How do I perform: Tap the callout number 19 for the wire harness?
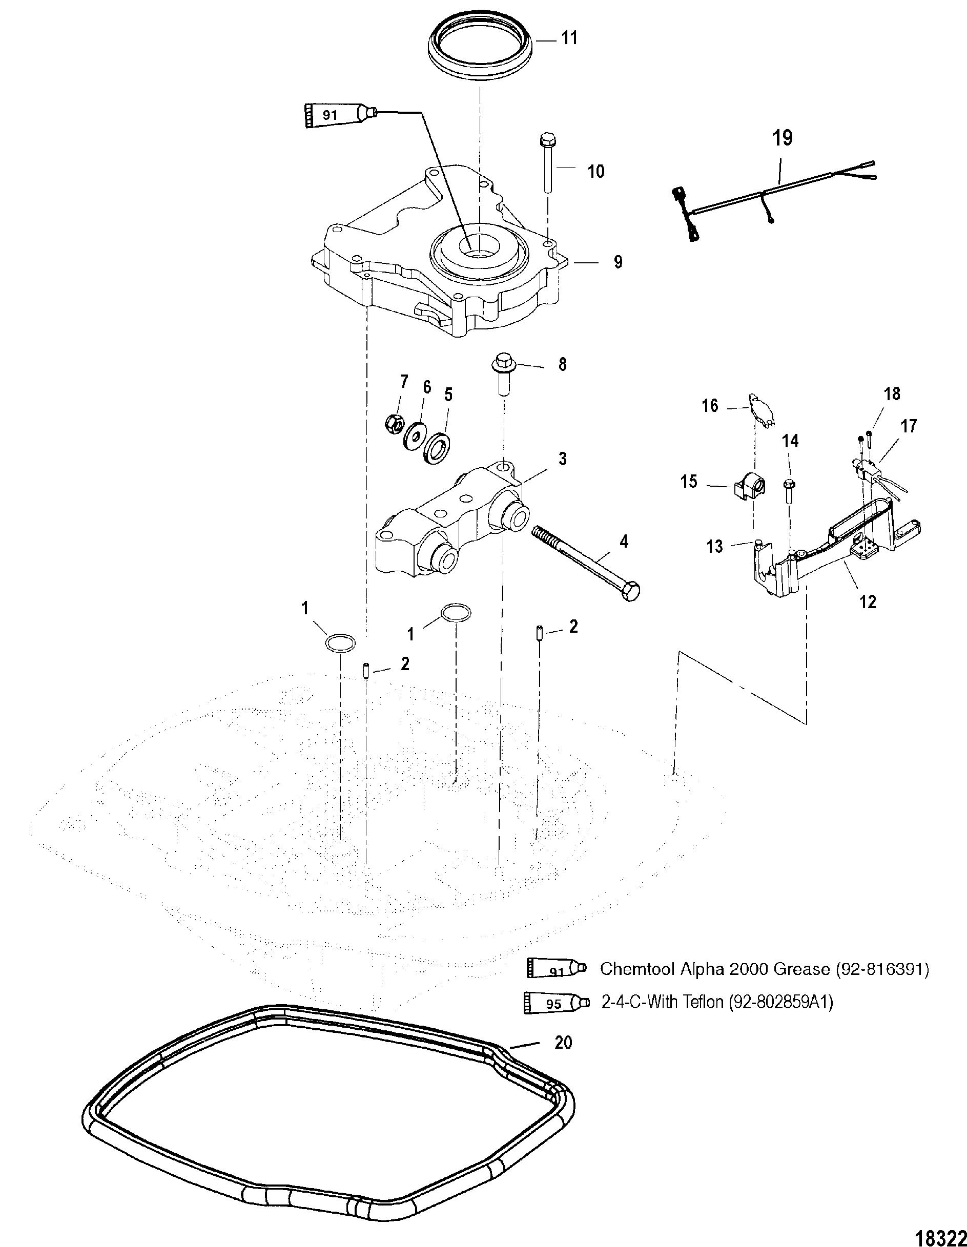pos(783,139)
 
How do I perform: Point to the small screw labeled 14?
pos(790,490)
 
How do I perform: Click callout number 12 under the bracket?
pos(868,601)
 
